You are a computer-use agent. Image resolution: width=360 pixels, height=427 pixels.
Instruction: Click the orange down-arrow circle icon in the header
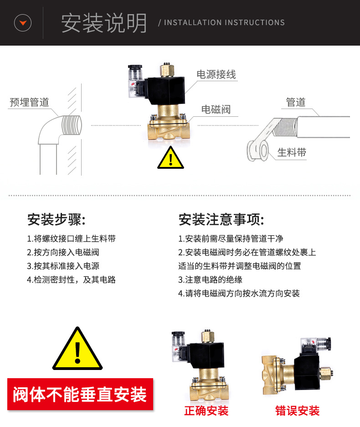coord(23,23)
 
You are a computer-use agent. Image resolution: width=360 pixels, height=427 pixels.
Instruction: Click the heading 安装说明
coord(104,23)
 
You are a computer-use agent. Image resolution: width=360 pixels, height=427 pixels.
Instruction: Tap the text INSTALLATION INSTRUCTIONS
coord(225,23)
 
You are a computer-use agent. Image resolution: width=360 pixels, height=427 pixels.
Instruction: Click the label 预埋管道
coord(29,102)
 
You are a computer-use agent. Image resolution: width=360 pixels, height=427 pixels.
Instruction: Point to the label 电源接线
coord(216,74)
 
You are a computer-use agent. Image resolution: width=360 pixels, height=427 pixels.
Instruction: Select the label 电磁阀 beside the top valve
coord(216,109)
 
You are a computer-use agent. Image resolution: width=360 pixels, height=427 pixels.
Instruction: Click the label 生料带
coord(292,152)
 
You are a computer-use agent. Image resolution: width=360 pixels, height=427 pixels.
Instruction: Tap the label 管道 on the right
coord(296,102)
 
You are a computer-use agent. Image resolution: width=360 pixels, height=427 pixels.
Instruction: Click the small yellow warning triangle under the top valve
coord(170,158)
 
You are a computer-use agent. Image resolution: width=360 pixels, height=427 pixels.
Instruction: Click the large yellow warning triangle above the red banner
coord(77,349)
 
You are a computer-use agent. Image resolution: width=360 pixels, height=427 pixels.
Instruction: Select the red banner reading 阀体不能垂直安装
coord(80,394)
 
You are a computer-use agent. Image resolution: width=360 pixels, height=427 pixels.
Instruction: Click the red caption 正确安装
coord(206,411)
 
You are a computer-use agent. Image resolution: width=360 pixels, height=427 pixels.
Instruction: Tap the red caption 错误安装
coord(298,411)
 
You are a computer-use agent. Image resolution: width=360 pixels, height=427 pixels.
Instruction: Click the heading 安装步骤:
coord(57,219)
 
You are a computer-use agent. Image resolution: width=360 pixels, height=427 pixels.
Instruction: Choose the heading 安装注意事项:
coord(221,219)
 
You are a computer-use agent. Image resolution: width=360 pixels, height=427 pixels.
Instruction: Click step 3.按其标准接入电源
coord(63,266)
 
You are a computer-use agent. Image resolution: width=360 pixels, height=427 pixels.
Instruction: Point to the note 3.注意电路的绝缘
coord(211,280)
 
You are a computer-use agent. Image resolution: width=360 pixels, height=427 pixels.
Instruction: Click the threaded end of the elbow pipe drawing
coord(72,125)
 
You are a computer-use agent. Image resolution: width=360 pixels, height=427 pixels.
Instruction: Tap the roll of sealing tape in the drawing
coord(257,151)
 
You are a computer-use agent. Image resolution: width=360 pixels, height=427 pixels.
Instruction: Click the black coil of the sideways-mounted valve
coord(307,372)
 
